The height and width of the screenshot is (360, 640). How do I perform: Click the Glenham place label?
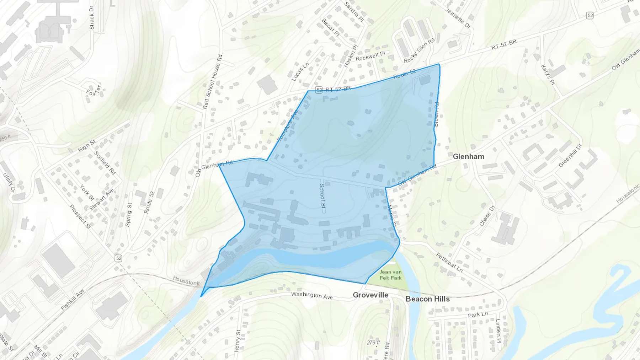468,157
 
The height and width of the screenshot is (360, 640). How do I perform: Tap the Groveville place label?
370,295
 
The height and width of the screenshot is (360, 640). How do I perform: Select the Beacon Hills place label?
427,299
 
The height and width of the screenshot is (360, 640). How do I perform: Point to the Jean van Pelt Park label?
390,275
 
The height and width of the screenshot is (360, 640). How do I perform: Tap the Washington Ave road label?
312,295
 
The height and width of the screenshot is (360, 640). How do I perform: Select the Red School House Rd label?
213,81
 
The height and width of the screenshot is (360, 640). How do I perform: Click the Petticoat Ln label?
449,263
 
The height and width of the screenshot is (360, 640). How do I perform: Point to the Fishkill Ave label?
73,300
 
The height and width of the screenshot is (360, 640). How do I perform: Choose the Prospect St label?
80,216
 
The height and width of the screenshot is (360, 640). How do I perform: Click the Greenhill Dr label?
570,155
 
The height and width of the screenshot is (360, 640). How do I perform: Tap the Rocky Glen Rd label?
419,50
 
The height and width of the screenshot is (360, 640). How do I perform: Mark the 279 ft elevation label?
373,343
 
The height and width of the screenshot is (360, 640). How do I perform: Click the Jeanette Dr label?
458,18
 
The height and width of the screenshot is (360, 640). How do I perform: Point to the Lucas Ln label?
300,72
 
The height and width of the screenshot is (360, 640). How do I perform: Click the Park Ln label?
478,315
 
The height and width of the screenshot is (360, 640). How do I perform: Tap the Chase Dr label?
487,216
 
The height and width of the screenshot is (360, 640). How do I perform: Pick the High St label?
87,146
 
